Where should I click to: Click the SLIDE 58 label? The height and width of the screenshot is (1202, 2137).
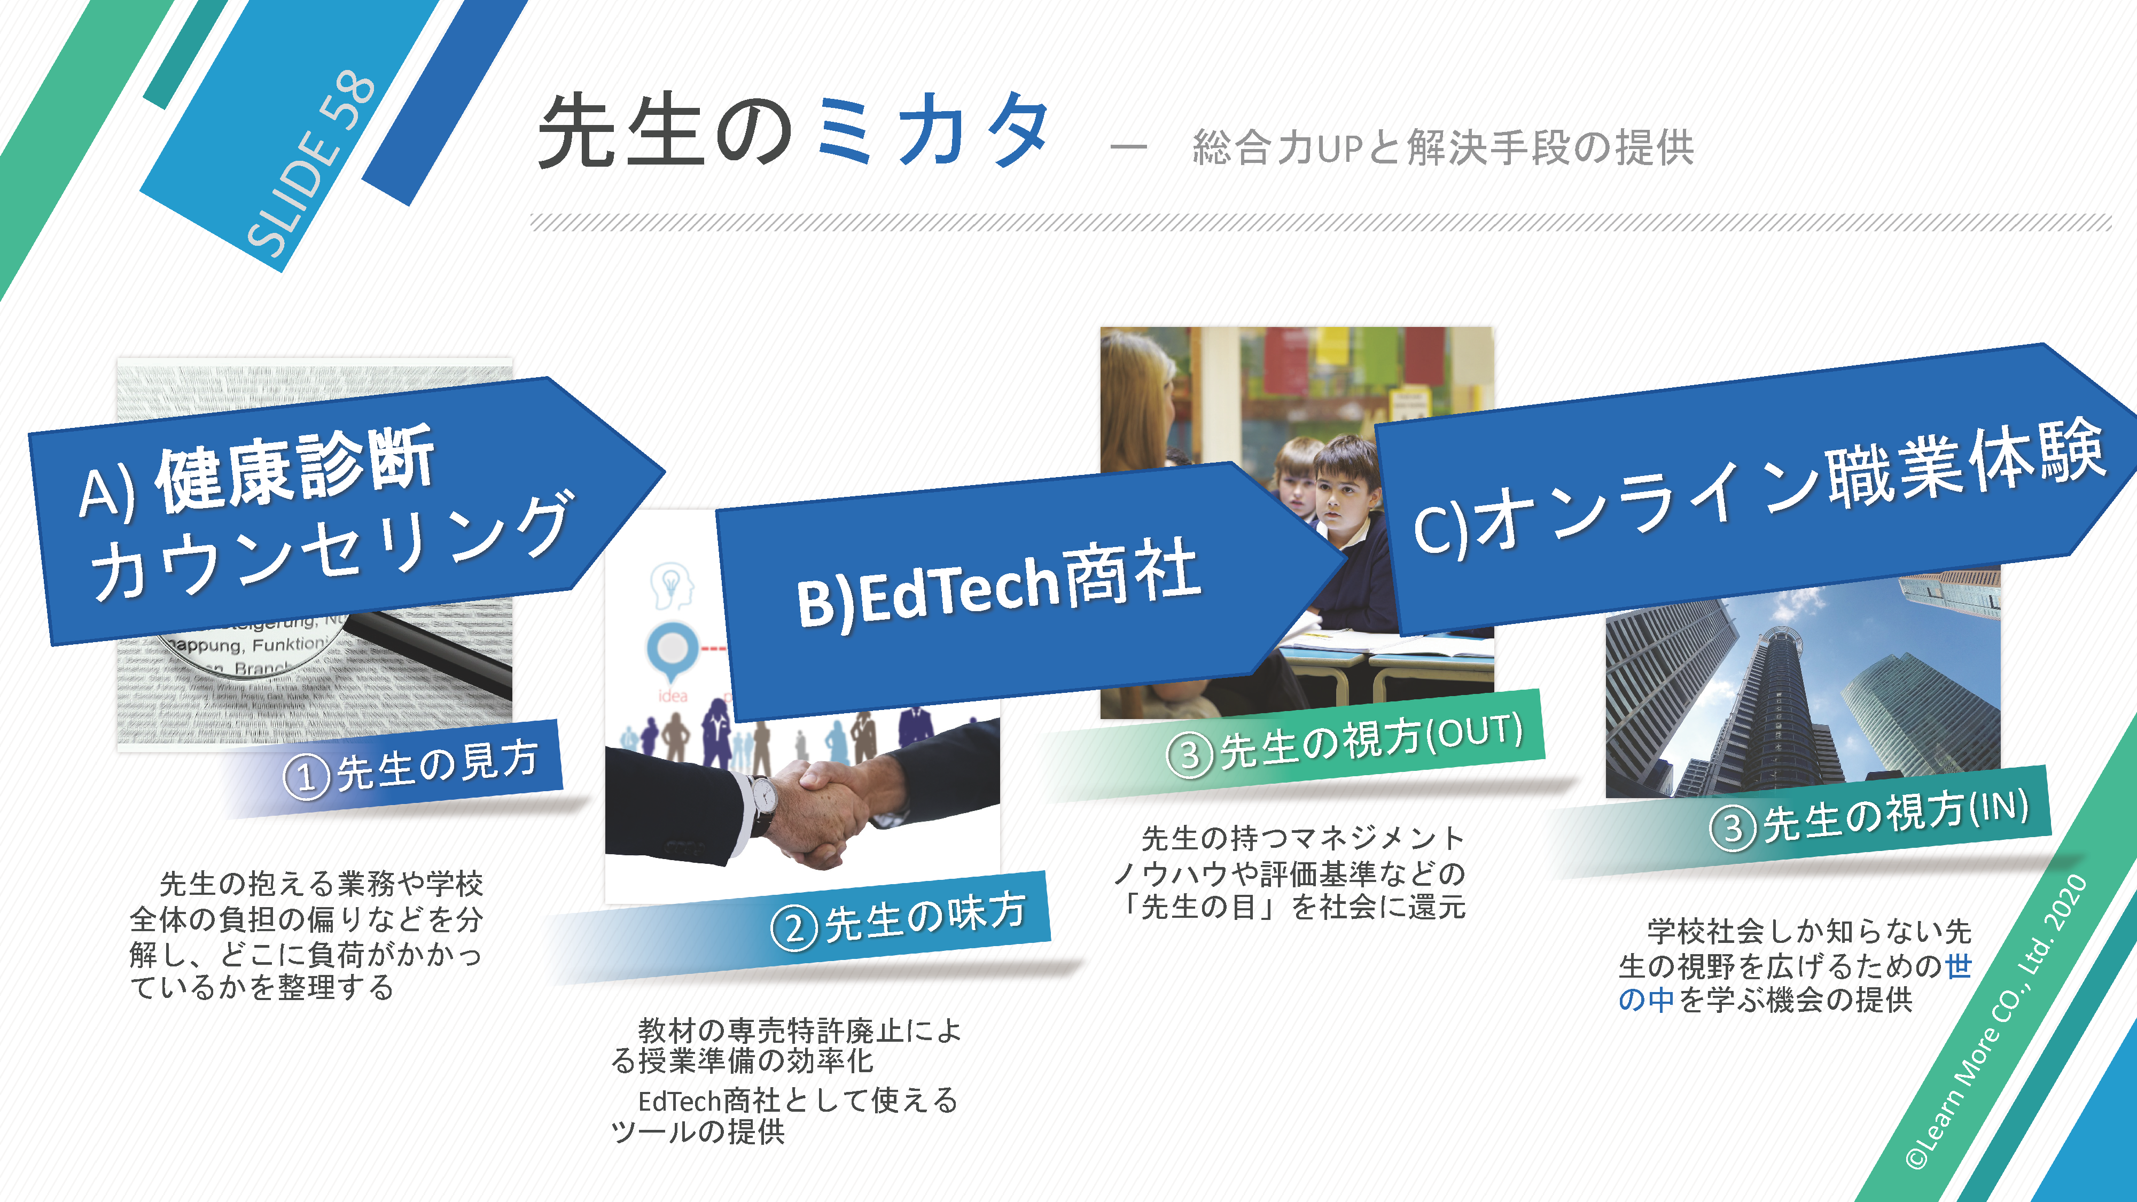(x=310, y=163)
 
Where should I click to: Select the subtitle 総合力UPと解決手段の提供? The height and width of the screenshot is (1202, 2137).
(x=1442, y=147)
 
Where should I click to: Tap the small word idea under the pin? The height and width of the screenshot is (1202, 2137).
(x=672, y=695)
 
